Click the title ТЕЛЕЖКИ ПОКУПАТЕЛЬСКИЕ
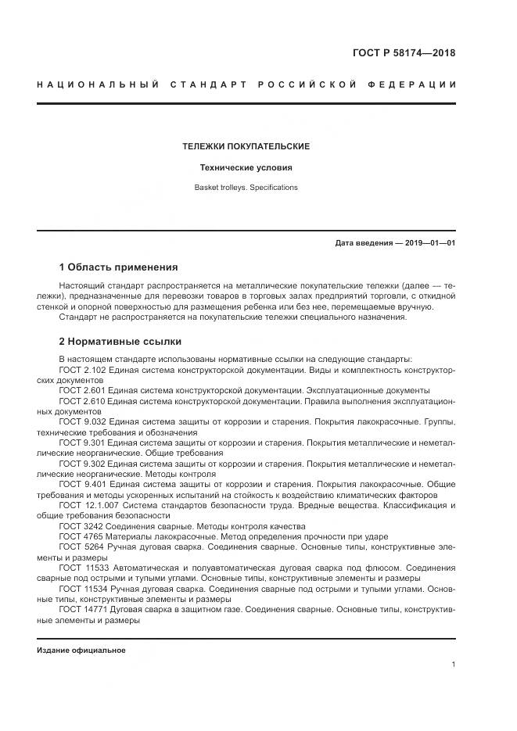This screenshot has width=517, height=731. click(246, 146)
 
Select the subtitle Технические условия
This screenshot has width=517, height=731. click(246, 167)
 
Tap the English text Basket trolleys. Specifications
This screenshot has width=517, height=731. click(246, 188)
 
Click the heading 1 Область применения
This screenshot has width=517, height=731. click(118, 267)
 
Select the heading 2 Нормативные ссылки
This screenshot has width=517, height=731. click(120, 341)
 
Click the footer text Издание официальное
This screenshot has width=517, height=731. click(81, 650)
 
